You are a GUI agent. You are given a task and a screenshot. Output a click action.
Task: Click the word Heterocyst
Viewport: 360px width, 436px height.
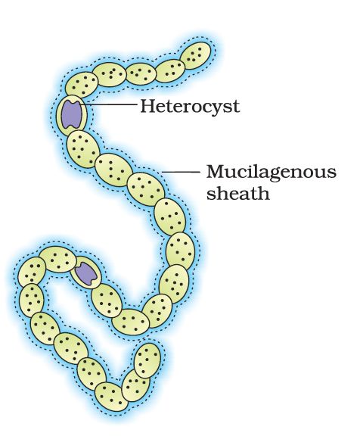190,106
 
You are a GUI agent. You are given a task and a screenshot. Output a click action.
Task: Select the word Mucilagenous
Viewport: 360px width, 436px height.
272,173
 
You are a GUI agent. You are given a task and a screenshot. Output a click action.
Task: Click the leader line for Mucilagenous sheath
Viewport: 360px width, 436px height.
181,172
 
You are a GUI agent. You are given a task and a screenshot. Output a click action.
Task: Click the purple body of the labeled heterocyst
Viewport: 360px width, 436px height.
72,114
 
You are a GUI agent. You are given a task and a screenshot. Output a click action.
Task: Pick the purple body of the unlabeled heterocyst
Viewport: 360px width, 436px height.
87,273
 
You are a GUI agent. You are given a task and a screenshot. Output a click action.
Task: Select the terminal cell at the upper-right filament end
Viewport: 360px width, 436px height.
195,56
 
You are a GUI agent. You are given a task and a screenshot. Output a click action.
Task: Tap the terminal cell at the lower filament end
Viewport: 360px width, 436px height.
147,360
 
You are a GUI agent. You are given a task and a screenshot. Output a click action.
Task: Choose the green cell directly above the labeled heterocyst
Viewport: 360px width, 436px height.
82,86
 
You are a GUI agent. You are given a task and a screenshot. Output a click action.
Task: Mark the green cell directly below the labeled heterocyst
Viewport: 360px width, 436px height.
83,149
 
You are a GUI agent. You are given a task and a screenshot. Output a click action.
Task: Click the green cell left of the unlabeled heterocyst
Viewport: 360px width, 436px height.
57,259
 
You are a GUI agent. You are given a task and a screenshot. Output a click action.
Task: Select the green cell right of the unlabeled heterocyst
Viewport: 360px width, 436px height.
107,301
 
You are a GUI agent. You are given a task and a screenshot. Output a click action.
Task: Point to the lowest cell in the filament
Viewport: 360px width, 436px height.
111,397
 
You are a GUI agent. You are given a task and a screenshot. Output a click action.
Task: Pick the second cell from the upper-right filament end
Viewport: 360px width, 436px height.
170,71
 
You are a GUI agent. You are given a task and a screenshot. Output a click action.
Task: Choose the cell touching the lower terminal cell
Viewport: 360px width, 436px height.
136,385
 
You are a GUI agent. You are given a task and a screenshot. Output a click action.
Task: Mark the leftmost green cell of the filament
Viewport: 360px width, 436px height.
32,272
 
